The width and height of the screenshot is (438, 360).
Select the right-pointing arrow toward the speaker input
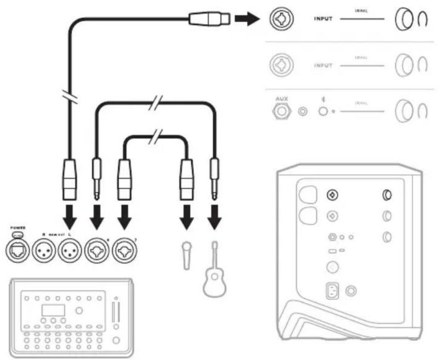246,19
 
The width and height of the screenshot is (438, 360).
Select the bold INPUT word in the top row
323,20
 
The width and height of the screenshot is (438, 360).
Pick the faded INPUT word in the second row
323,66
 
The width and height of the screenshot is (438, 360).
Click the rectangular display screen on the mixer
53,310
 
